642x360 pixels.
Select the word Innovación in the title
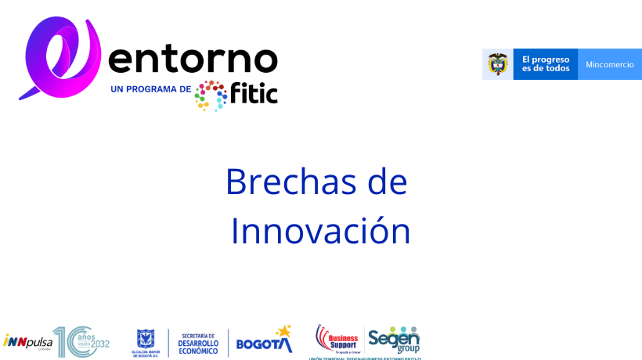pyautogui.click(x=320, y=231)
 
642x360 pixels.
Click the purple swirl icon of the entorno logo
pyautogui.click(x=61, y=58)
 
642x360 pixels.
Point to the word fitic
pyautogui.click(x=254, y=93)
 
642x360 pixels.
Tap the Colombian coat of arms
pyautogui.click(x=498, y=64)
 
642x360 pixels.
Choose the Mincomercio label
pyautogui.click(x=610, y=64)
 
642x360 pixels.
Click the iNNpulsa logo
pyautogui.click(x=27, y=341)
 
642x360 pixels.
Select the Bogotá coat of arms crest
pyautogui.click(x=146, y=339)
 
